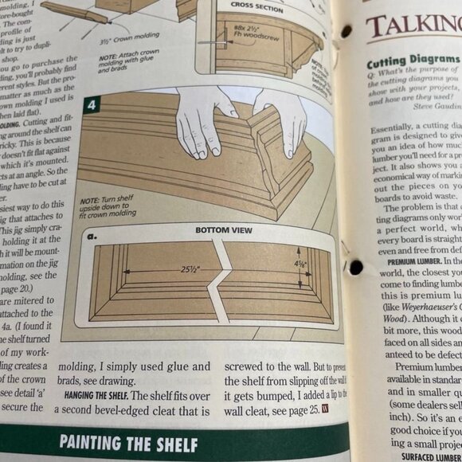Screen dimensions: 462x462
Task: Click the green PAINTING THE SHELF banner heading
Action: click(129, 443)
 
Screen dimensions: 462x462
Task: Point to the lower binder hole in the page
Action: click(355, 267)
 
